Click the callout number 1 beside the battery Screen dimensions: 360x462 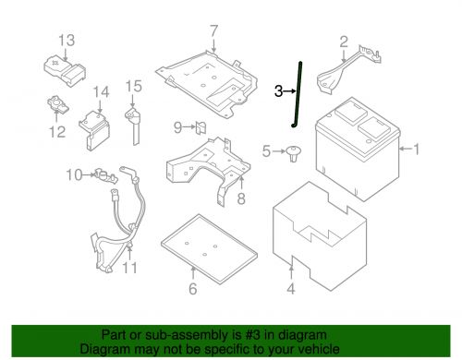pyautogui.click(x=415, y=150)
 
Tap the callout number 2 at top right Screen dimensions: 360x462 pyautogui.click(x=343, y=41)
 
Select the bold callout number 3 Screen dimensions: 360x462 pyautogui.click(x=278, y=90)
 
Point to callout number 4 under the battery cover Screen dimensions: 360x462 pyautogui.click(x=292, y=294)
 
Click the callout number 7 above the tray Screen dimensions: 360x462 pyautogui.click(x=213, y=30)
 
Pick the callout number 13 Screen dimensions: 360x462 pyautogui.click(x=67, y=40)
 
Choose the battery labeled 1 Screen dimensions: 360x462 pyautogui.click(x=356, y=148)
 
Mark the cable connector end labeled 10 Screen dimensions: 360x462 pyautogui.click(x=100, y=173)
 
